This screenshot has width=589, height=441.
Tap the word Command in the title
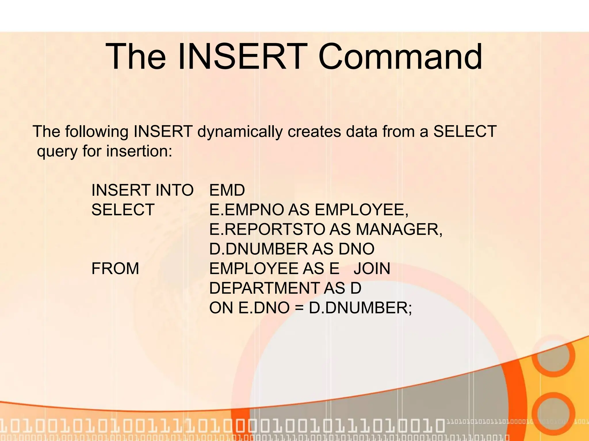[400, 57]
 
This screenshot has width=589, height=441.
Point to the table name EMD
[227, 190]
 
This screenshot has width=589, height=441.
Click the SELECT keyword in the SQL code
[123, 210]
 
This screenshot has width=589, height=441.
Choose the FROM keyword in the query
[115, 268]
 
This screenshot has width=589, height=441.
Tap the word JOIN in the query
[372, 268]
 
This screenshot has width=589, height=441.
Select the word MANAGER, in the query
[399, 229]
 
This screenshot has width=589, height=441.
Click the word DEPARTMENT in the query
[264, 288]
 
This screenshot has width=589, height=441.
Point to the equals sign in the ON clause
[299, 308]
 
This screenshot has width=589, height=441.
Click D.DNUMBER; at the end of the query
[360, 308]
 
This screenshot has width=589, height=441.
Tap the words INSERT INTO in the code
[142, 190]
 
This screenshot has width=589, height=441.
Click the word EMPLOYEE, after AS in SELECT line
[361, 210]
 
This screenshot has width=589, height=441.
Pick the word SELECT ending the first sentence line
[465, 131]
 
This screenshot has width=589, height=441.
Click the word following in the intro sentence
[97, 132]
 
